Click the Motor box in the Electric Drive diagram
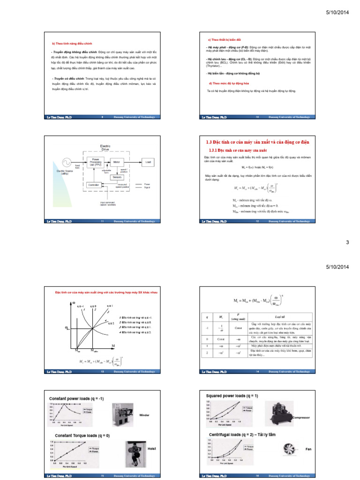coord(116,162)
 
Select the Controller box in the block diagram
coord(94,185)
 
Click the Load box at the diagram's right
coord(148,162)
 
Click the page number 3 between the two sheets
coord(347,242)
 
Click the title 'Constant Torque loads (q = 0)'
coord(82,435)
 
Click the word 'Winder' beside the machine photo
coord(145,415)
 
